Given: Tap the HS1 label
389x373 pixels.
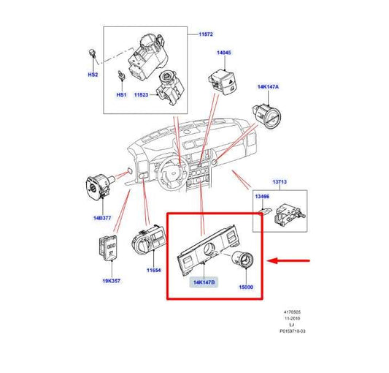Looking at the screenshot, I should tap(122, 94).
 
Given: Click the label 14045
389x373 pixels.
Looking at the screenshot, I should tap(223, 54).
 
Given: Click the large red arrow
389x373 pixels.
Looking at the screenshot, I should tap(290, 259).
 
